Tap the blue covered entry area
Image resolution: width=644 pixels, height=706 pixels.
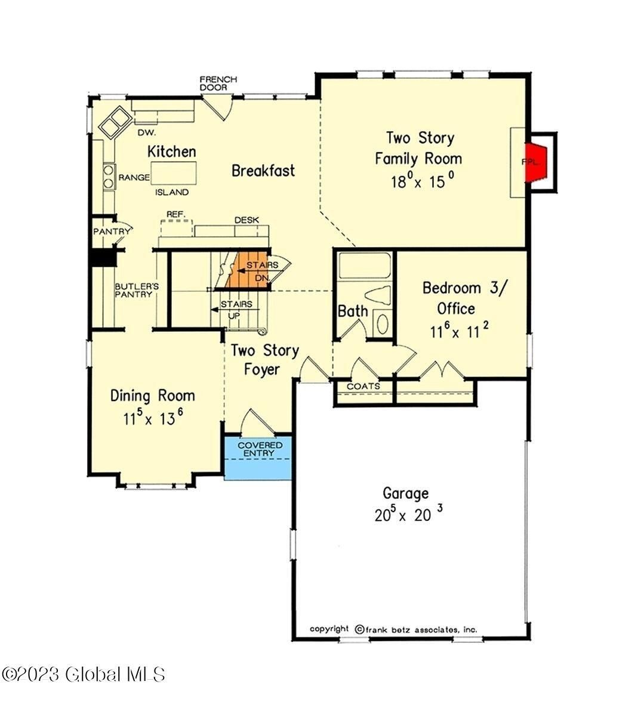[x=257, y=458]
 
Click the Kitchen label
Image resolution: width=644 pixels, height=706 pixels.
[x=172, y=152]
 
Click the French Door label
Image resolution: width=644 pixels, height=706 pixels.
[x=218, y=83]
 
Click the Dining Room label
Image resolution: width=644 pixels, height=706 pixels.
[x=153, y=396]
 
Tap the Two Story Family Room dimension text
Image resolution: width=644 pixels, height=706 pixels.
[x=418, y=181]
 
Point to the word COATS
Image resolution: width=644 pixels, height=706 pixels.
[x=363, y=386]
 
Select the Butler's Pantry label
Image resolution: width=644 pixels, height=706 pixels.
[x=134, y=289]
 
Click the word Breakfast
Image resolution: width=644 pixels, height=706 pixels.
[x=263, y=171]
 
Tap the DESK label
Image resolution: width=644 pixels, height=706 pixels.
[x=246, y=220]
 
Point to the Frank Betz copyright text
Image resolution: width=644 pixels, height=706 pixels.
[x=393, y=629]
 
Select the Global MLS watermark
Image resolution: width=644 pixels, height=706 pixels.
[x=83, y=674]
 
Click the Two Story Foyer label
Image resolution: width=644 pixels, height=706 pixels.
[x=265, y=359]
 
